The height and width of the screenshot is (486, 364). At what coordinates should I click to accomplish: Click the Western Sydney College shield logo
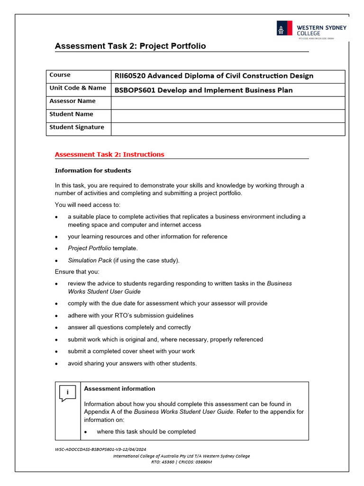click(x=284, y=29)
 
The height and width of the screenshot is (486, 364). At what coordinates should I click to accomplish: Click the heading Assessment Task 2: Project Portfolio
click(x=130, y=46)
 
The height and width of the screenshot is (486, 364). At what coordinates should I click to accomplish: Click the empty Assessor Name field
click(x=227, y=103)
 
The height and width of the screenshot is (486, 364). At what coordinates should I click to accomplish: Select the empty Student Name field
click(x=227, y=116)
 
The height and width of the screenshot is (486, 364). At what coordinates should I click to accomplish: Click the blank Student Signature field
click(x=227, y=129)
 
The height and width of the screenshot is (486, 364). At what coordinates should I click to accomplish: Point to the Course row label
click(x=60, y=75)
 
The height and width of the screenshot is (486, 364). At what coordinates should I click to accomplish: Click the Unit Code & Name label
click(x=78, y=88)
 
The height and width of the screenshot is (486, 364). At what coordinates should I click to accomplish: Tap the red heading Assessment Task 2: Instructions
click(x=109, y=154)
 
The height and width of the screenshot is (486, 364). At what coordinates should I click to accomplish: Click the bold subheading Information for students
click(x=93, y=170)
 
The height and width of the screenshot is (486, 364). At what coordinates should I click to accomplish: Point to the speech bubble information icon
click(x=67, y=393)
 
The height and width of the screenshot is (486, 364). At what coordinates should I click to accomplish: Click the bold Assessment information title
click(x=119, y=389)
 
